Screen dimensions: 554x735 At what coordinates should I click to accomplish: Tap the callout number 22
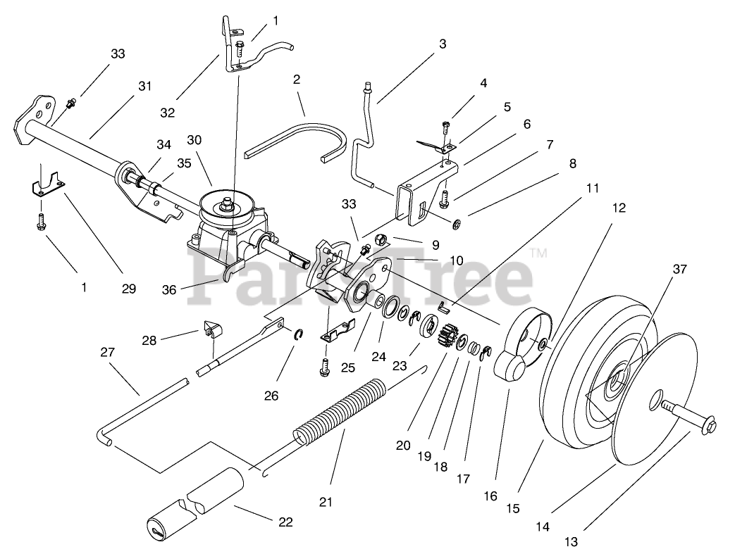point(285,522)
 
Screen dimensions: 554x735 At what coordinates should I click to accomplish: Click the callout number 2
point(297,80)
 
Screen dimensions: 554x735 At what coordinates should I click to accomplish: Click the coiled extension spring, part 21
point(338,412)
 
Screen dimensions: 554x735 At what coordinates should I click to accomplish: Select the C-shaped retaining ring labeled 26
point(299,334)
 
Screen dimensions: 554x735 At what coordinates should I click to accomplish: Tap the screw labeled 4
point(445,127)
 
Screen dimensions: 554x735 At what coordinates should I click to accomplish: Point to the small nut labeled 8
point(457,225)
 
